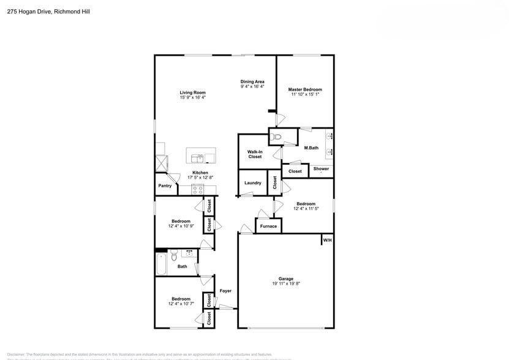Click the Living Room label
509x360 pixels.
point(192,92)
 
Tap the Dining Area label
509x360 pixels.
point(252,81)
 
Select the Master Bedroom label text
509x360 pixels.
point(305,89)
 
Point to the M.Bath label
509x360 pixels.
point(311,148)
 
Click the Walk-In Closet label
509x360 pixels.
point(254,154)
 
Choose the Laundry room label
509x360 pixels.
point(253,183)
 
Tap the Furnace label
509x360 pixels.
point(268,227)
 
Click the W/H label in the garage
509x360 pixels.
point(327,240)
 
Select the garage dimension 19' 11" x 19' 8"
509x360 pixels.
point(285,284)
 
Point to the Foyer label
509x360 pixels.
point(225,291)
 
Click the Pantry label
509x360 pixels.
point(165,186)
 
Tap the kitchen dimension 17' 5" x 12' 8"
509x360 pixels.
point(200,178)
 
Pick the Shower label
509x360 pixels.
point(321,169)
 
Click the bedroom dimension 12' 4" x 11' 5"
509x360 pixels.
point(306,209)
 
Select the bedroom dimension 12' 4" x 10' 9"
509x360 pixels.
point(181,227)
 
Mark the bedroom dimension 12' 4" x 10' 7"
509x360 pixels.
point(181,304)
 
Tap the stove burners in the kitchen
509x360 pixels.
point(197,189)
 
